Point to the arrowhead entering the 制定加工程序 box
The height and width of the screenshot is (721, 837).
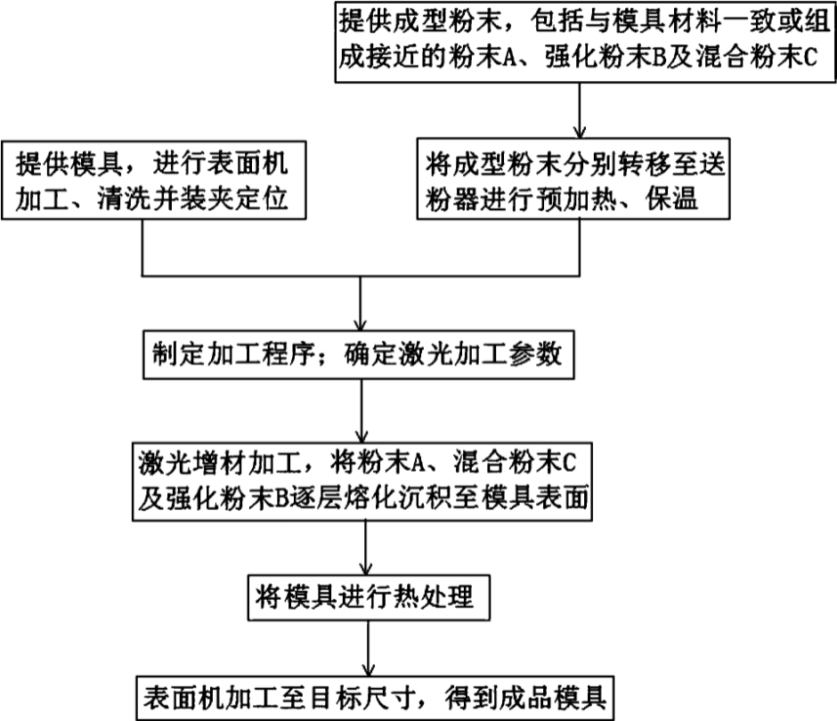[359, 323]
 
